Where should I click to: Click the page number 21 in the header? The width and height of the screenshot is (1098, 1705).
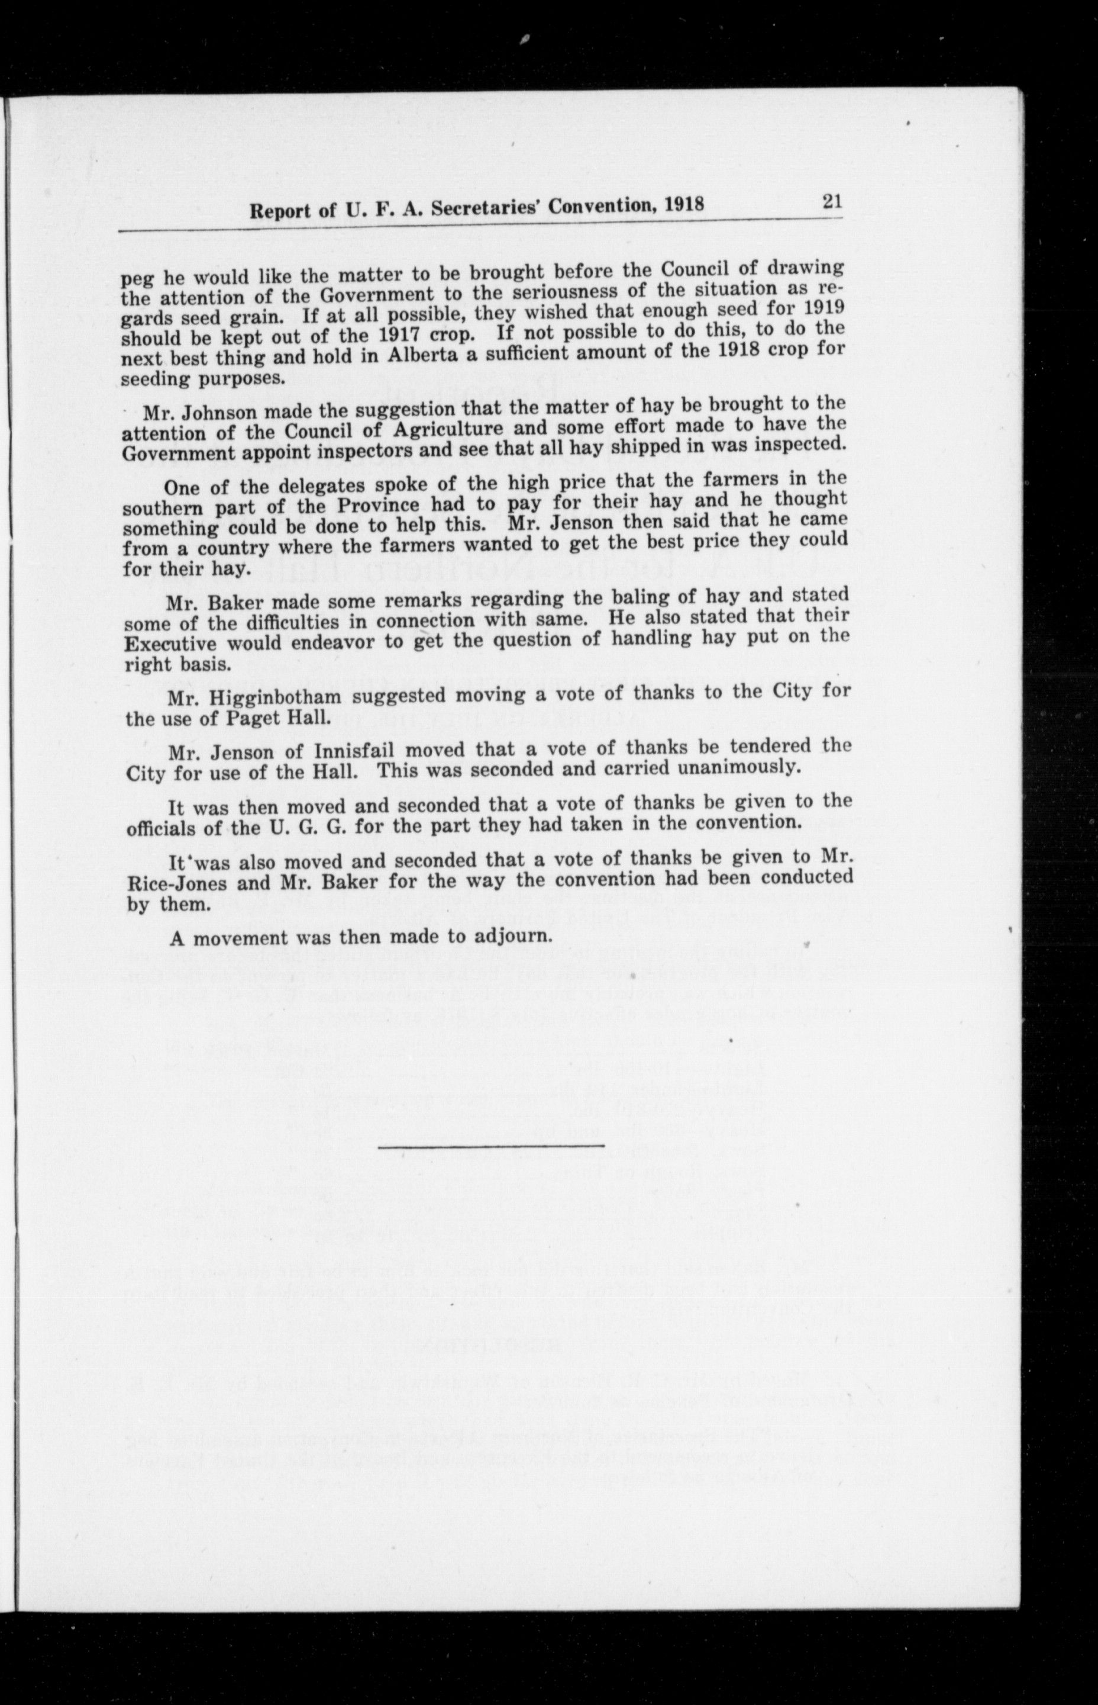click(x=832, y=202)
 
